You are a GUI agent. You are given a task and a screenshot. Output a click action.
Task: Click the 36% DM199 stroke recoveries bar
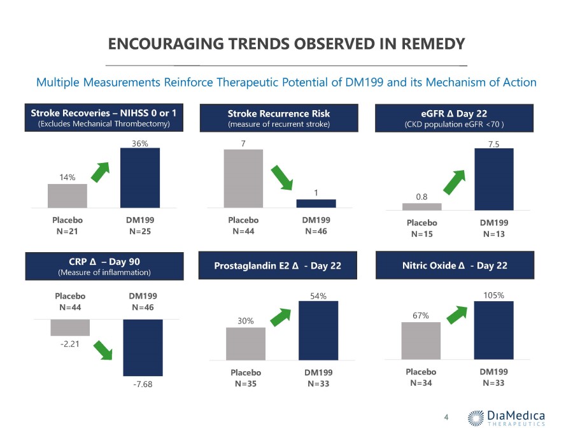pyautogui.click(x=140, y=178)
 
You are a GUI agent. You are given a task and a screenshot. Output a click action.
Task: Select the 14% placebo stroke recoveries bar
pyautogui.click(x=67, y=195)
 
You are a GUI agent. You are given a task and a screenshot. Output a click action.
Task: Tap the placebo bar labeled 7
pyautogui.click(x=243, y=178)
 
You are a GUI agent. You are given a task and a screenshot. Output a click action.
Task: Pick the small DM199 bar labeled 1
pyautogui.click(x=316, y=203)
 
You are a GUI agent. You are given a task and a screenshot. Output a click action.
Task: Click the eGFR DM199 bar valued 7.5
pyautogui.click(x=494, y=179)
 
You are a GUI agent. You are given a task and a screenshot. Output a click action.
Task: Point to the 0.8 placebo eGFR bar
pyautogui.click(x=421, y=206)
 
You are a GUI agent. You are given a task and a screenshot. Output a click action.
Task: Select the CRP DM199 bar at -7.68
pyautogui.click(x=143, y=348)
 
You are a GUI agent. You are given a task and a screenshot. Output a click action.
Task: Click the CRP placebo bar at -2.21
pyautogui.click(x=70, y=327)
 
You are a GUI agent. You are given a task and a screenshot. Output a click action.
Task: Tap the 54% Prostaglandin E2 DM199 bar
pyautogui.click(x=318, y=330)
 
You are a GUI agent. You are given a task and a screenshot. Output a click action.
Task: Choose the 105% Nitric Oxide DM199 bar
pyautogui.click(x=493, y=330)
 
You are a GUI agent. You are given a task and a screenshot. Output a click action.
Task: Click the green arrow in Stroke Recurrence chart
pyautogui.click(x=282, y=178)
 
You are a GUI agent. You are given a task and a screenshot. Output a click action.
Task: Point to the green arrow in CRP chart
pyautogui.click(x=103, y=350)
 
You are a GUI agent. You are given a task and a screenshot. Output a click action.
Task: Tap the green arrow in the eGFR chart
pyautogui.click(x=454, y=182)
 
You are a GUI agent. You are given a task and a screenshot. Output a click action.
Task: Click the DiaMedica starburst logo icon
pyautogui.click(x=476, y=418)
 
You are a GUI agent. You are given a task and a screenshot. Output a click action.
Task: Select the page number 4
pyautogui.click(x=446, y=417)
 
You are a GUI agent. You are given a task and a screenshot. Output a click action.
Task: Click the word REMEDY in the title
pyautogui.click(x=433, y=44)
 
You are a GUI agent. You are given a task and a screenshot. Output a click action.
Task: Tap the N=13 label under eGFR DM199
pyautogui.click(x=494, y=234)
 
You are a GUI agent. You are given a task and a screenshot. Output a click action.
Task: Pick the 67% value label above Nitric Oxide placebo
pyautogui.click(x=421, y=316)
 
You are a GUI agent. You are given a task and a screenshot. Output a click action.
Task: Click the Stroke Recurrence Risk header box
pyautogui.click(x=279, y=118)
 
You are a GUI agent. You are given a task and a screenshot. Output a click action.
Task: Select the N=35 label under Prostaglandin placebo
pyautogui.click(x=246, y=383)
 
